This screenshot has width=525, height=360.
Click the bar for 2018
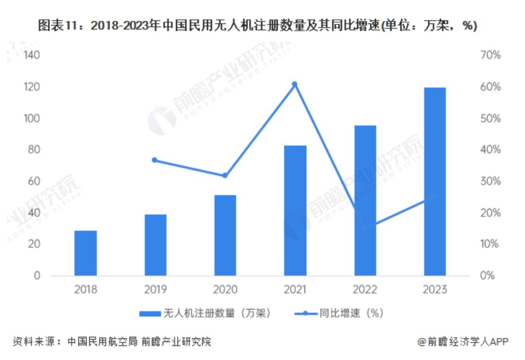coord(86,253)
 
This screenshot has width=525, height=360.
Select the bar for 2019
coord(156,245)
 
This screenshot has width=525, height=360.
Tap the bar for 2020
coord(225,235)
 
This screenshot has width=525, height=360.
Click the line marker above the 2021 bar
coord(295,84)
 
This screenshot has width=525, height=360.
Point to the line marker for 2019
coord(155,160)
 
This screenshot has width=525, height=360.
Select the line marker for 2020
coord(225,175)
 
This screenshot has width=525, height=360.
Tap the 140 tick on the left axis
coord(31,55)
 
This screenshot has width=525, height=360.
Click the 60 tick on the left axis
coord(33,181)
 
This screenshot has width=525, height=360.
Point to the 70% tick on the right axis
coord(490,55)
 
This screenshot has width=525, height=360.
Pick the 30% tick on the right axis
coord(490,181)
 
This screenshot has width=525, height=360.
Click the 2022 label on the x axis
coord(365,290)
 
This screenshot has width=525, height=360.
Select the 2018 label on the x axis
coord(86,290)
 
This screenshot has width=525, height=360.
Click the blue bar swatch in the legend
coord(150,313)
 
